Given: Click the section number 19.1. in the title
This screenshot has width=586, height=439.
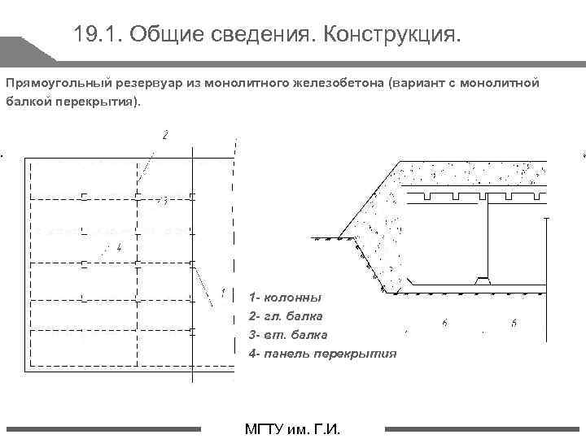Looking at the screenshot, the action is (x=96, y=33).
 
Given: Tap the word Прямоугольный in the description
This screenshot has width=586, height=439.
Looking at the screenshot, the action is (x=50, y=83).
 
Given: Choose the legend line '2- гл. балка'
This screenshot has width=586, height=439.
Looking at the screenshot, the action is (x=286, y=315).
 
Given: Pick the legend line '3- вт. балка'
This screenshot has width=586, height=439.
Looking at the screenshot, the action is (x=288, y=334).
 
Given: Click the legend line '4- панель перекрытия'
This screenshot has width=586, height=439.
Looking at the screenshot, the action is (x=323, y=353).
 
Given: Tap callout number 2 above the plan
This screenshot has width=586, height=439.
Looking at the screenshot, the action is (x=165, y=134).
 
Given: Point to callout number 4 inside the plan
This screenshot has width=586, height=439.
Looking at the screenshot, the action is (x=119, y=248).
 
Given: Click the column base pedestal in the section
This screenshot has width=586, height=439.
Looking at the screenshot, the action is (x=483, y=280).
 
